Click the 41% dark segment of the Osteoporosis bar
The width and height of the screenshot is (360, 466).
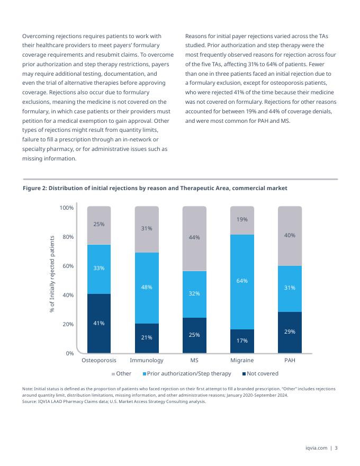coord(99,323)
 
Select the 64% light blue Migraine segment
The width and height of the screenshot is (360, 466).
coord(242,281)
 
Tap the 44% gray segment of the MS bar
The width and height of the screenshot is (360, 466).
coord(194,238)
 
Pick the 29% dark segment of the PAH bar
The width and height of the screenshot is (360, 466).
coord(290,332)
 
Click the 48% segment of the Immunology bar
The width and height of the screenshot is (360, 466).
coord(147,288)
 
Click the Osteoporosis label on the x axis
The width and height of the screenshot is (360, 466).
coord(99,360)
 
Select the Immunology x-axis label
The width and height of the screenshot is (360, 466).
coord(147,360)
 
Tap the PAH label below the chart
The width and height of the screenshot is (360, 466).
coord(290,360)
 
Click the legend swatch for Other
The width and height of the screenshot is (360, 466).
coord(113,374)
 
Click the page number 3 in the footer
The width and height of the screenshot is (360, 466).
coord(336,449)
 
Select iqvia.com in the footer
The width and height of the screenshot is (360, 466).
coord(316,449)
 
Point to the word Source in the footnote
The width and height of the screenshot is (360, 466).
coord(31,401)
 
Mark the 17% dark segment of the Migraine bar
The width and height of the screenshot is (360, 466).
coord(242,340)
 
